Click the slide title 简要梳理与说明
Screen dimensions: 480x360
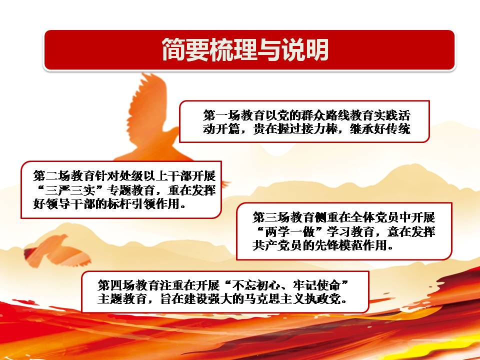point(245,49)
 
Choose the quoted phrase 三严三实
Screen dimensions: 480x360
point(70,190)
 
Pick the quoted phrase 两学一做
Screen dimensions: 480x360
point(289,231)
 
